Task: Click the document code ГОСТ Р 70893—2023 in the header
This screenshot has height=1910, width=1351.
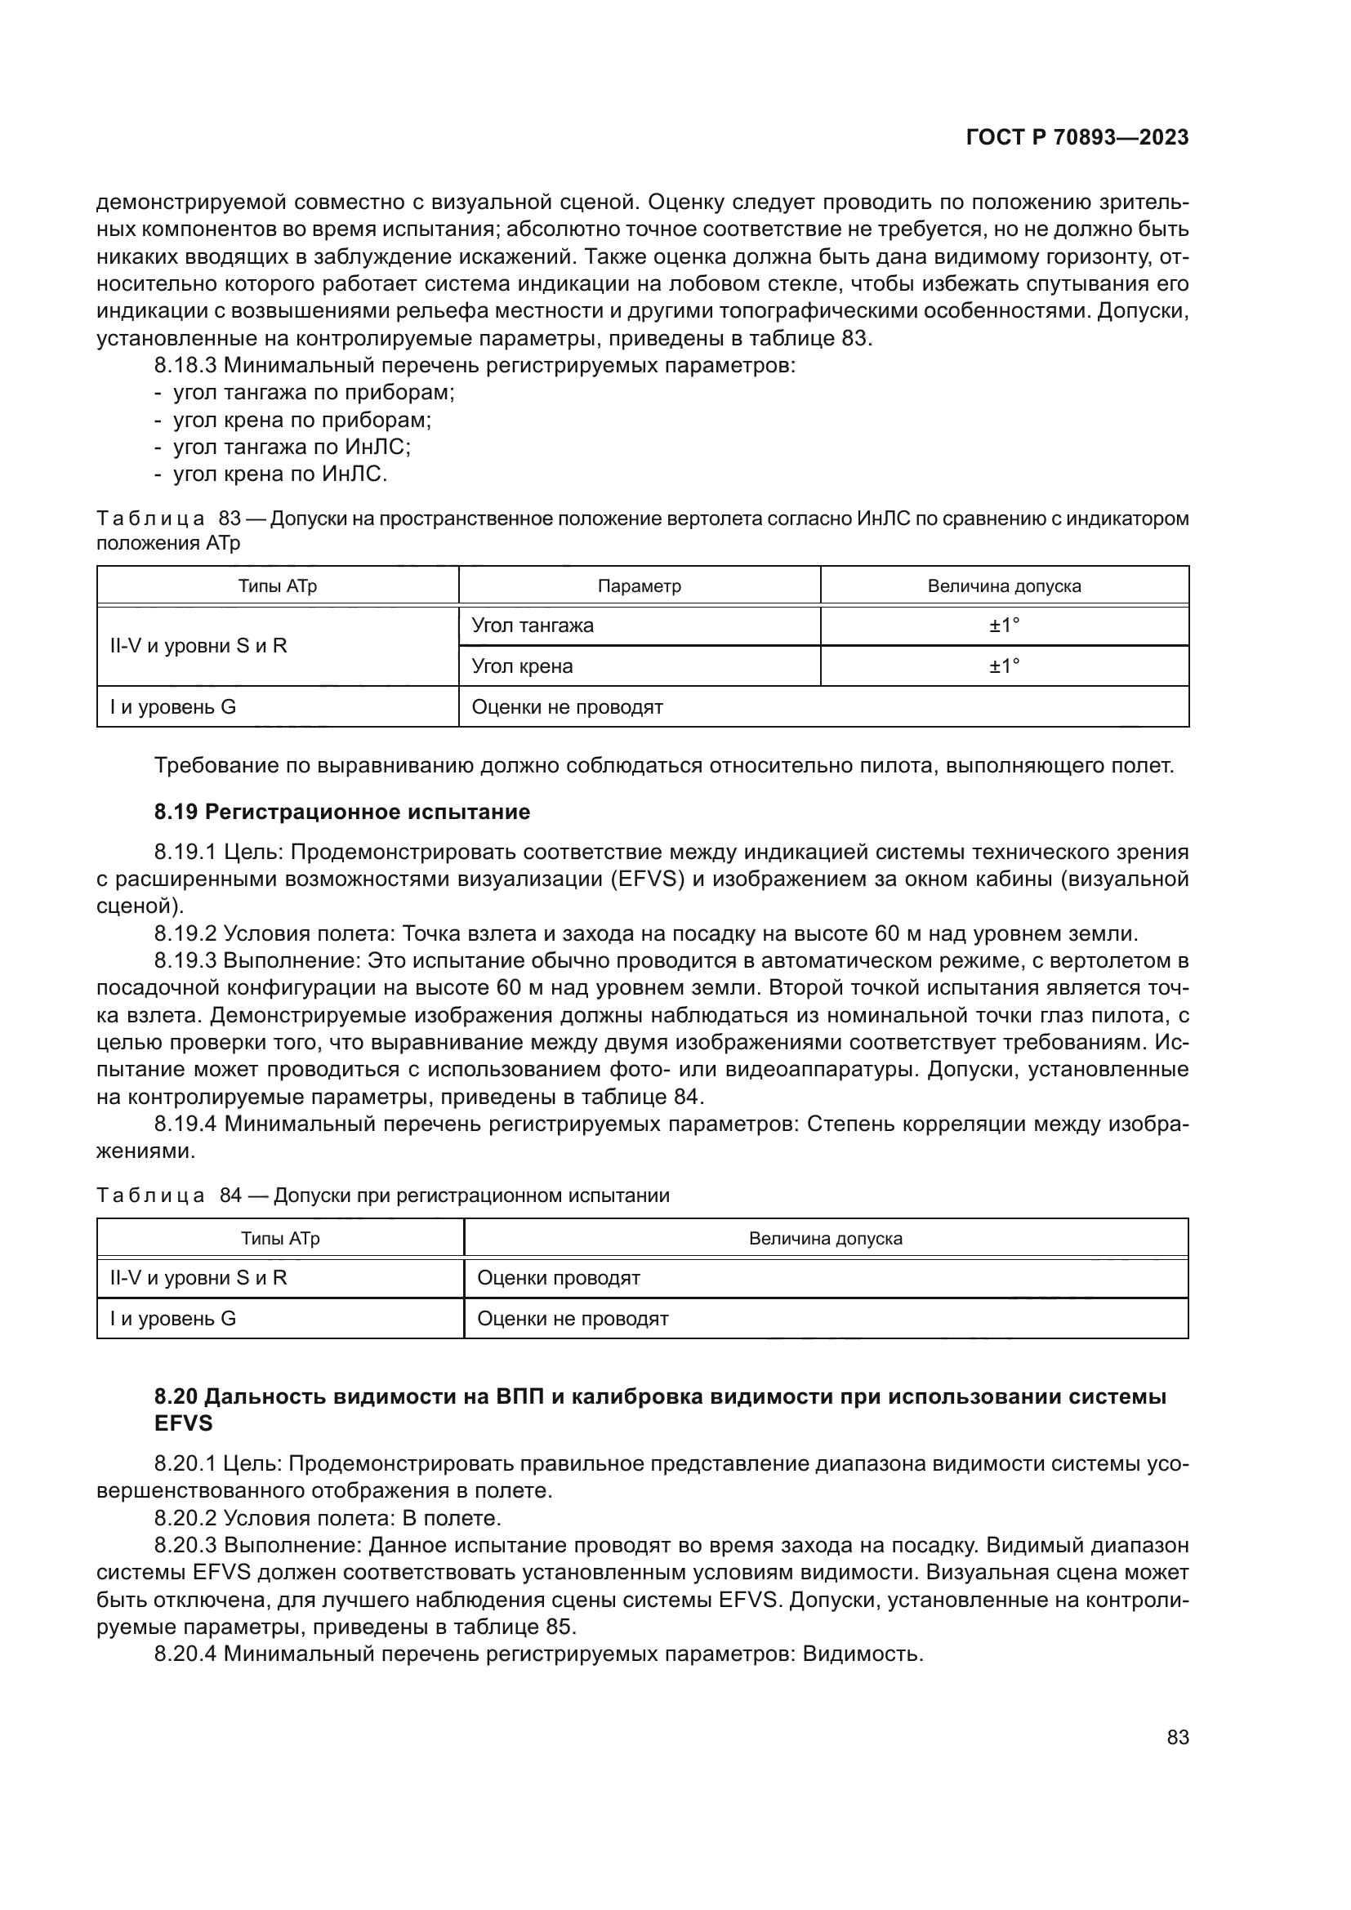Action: [1077, 138]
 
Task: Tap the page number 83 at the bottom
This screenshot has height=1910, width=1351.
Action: [1177, 1738]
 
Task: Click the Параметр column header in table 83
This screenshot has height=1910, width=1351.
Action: [639, 585]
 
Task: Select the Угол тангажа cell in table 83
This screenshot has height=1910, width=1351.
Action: [533, 626]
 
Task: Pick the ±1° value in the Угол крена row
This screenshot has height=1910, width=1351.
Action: [1004, 666]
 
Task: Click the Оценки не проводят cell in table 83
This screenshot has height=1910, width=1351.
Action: [568, 707]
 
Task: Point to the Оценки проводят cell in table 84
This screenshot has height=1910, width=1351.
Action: [558, 1278]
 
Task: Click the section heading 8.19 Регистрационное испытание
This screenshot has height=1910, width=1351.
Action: [342, 812]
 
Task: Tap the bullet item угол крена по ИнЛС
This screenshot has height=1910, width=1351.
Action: [279, 474]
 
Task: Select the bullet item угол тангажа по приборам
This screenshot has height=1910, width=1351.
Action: [314, 393]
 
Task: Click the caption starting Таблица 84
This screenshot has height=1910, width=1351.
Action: [382, 1195]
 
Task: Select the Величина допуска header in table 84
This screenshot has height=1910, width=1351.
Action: [825, 1238]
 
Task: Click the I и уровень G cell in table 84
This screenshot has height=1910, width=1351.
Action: [173, 1319]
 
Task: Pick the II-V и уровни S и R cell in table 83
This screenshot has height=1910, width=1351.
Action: [198, 646]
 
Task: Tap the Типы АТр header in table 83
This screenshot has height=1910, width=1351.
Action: [278, 585]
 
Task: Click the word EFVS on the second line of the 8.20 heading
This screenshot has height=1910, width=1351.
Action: [184, 1423]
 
